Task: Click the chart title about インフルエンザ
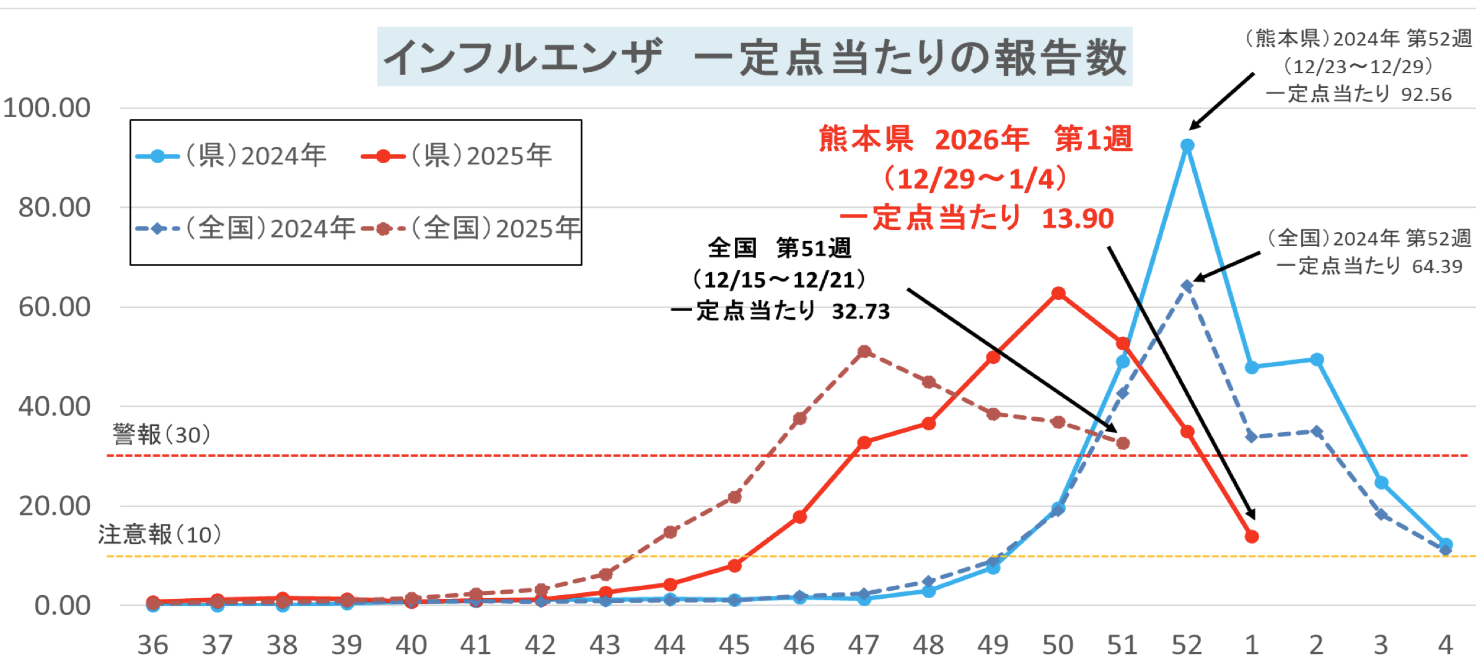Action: tap(754, 57)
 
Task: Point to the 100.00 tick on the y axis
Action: tap(47, 108)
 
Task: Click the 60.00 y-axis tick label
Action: tap(55, 307)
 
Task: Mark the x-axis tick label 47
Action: tap(863, 645)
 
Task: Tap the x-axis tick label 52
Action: tap(1187, 645)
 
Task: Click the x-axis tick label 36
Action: tap(152, 645)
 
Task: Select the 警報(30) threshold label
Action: tap(161, 435)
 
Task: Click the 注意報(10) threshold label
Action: tap(159, 534)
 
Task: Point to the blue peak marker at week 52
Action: tap(1187, 146)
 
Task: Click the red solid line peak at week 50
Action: tap(1058, 293)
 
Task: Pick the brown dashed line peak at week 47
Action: tap(864, 352)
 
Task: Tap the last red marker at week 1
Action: tap(1252, 536)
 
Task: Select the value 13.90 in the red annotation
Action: tap(1078, 219)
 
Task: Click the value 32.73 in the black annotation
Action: tap(861, 311)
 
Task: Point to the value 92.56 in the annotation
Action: tap(1426, 94)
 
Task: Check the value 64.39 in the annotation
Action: tap(1437, 267)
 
